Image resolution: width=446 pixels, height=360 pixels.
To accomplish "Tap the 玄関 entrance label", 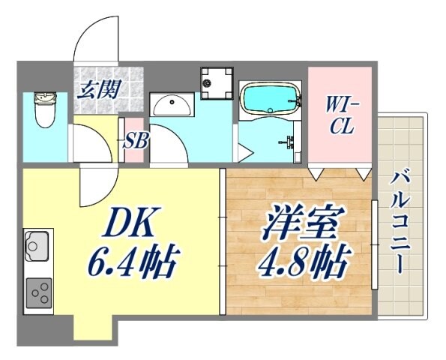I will (99, 91).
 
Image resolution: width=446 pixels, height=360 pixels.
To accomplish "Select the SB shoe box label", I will (135, 140).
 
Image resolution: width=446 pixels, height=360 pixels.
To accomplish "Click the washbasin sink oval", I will (172, 104).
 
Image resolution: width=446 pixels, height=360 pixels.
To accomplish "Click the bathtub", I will (270, 99).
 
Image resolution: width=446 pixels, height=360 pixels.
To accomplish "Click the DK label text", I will (129, 223).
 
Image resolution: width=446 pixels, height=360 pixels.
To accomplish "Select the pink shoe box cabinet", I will (135, 140).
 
